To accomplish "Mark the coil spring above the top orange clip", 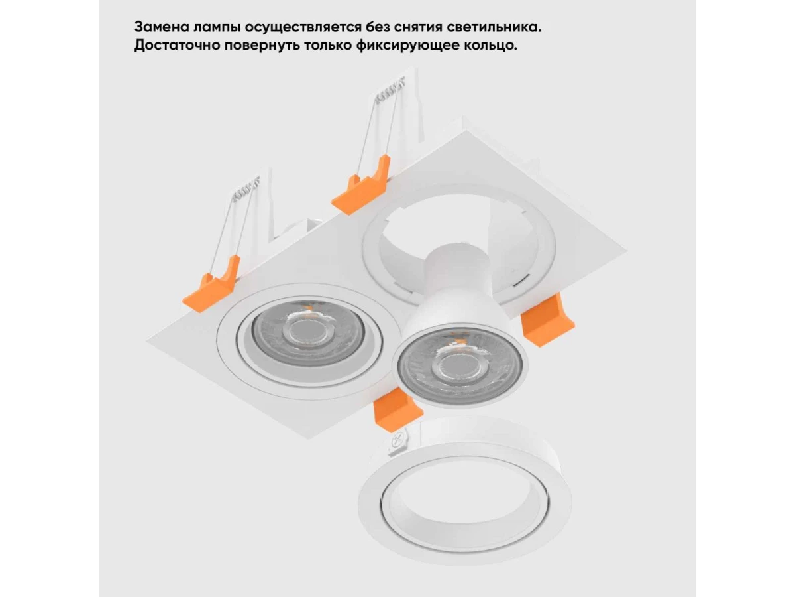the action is (390, 89).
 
